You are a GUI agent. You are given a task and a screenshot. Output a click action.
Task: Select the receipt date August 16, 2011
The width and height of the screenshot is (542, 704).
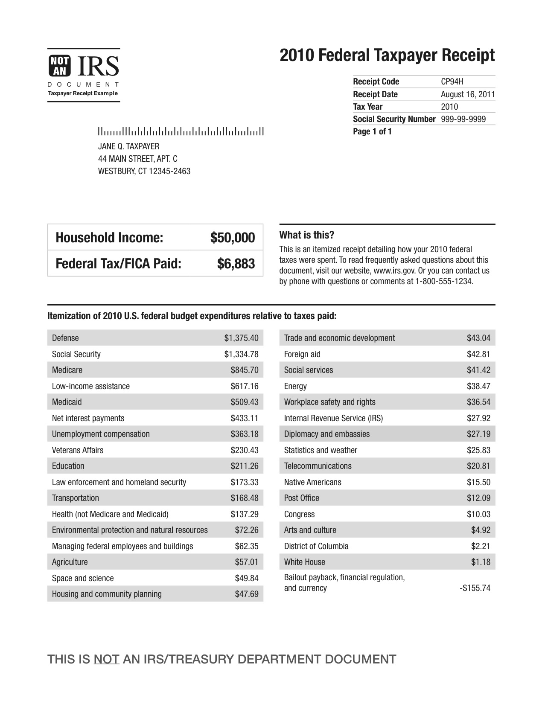(x=468, y=94)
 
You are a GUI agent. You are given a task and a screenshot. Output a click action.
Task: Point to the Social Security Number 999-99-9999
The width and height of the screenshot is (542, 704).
(x=463, y=119)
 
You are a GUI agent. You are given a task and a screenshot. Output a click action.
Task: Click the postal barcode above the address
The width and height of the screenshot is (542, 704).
(x=181, y=131)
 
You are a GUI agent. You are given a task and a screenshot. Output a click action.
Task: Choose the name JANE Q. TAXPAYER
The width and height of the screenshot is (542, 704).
(x=128, y=146)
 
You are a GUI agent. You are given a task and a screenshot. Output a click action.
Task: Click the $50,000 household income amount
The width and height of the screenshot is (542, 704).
(x=233, y=238)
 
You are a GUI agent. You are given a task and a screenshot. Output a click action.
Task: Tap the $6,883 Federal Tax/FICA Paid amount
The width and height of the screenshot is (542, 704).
(x=236, y=264)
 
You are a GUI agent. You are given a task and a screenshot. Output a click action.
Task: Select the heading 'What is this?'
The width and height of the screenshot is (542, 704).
(x=306, y=235)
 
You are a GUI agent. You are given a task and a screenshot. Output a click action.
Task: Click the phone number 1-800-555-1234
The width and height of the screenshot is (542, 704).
(x=444, y=282)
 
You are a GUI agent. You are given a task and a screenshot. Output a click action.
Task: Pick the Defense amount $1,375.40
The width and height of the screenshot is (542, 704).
(x=241, y=338)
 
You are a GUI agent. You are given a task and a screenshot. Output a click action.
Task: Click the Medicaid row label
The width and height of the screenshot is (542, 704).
(x=67, y=402)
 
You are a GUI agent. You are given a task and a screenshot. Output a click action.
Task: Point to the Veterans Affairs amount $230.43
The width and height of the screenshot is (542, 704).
(x=245, y=450)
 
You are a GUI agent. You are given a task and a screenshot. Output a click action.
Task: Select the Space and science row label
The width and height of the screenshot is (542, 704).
(x=83, y=578)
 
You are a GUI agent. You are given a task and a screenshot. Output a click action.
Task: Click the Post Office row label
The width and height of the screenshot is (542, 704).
(x=301, y=498)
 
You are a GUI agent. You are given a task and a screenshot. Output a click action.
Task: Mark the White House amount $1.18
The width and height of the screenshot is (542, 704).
(x=481, y=562)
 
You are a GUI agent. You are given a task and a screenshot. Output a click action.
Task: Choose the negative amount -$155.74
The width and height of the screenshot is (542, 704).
(x=475, y=588)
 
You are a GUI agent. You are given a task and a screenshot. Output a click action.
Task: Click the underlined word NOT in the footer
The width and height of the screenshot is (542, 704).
(x=106, y=659)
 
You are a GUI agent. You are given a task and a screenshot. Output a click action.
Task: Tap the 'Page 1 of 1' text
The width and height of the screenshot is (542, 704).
(x=372, y=131)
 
